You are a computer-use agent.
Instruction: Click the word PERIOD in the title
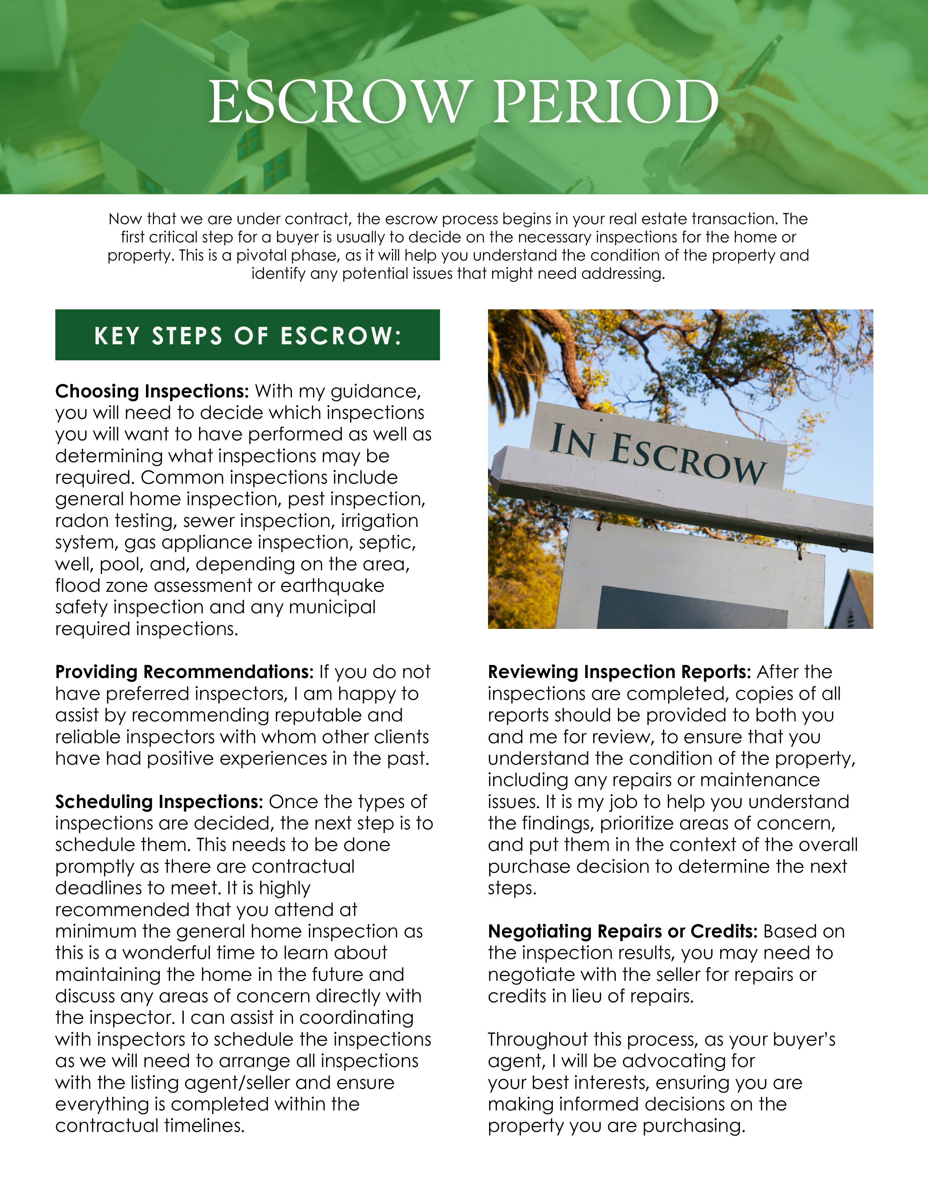coord(605,102)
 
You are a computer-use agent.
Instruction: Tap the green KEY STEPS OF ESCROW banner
coord(247,335)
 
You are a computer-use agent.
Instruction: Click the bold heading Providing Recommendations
coord(184,671)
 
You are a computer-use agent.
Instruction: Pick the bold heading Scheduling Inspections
coord(159,801)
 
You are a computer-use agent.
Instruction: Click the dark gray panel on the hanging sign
coord(692,608)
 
